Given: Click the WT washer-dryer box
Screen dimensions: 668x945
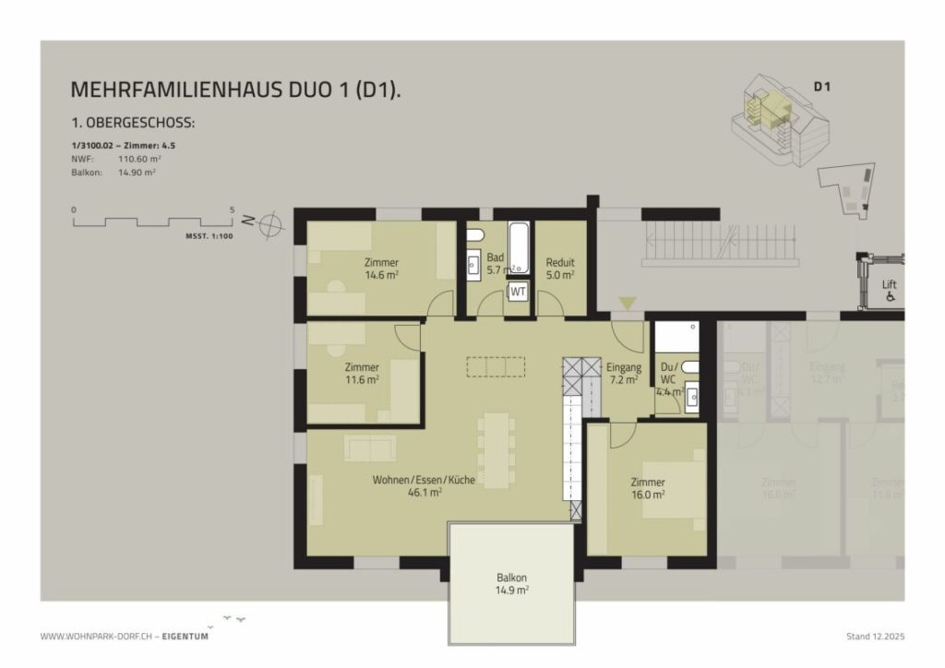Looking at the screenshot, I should tap(519, 292).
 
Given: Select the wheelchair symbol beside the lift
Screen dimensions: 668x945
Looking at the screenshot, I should tap(890, 297).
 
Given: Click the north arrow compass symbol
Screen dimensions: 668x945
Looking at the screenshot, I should tap(271, 223).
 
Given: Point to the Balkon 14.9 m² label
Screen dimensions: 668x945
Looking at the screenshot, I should tap(511, 583).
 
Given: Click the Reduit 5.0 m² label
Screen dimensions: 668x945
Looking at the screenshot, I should tap(560, 268).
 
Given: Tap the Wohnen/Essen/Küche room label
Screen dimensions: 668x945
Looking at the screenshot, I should tap(424, 485).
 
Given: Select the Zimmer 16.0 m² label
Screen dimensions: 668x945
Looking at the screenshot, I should tap(648, 487).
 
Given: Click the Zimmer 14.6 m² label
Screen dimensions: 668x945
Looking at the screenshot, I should tap(382, 268).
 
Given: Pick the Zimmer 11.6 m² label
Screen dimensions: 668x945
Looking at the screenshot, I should tap(362, 372).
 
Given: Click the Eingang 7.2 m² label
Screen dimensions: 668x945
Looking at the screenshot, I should tap(624, 373).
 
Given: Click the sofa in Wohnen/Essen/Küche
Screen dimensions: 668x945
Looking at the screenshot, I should tap(370, 447).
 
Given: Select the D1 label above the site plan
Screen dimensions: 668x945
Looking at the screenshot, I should tap(822, 88).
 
